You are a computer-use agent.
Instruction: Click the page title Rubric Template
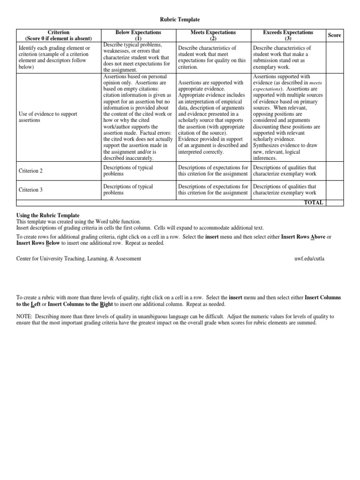tap(180, 19)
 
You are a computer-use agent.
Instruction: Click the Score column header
tap(334, 35)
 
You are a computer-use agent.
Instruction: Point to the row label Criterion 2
tap(30, 171)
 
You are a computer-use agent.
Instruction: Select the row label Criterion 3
tap(30, 190)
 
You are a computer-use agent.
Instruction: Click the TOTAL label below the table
tap(314, 202)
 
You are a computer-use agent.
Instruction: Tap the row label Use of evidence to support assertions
tap(47, 117)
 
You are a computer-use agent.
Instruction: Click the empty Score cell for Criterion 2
tap(334, 171)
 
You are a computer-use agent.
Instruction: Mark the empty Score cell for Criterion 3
tap(334, 190)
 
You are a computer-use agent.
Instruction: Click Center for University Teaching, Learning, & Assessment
tap(79, 258)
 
